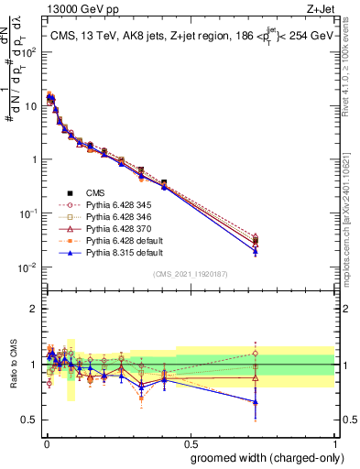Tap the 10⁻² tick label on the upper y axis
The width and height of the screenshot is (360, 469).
point(27,267)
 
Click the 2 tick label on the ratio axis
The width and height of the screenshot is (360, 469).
point(34,308)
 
